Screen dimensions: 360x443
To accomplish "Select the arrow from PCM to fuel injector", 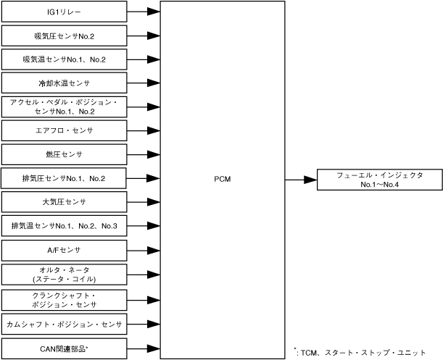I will click(x=301, y=179).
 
